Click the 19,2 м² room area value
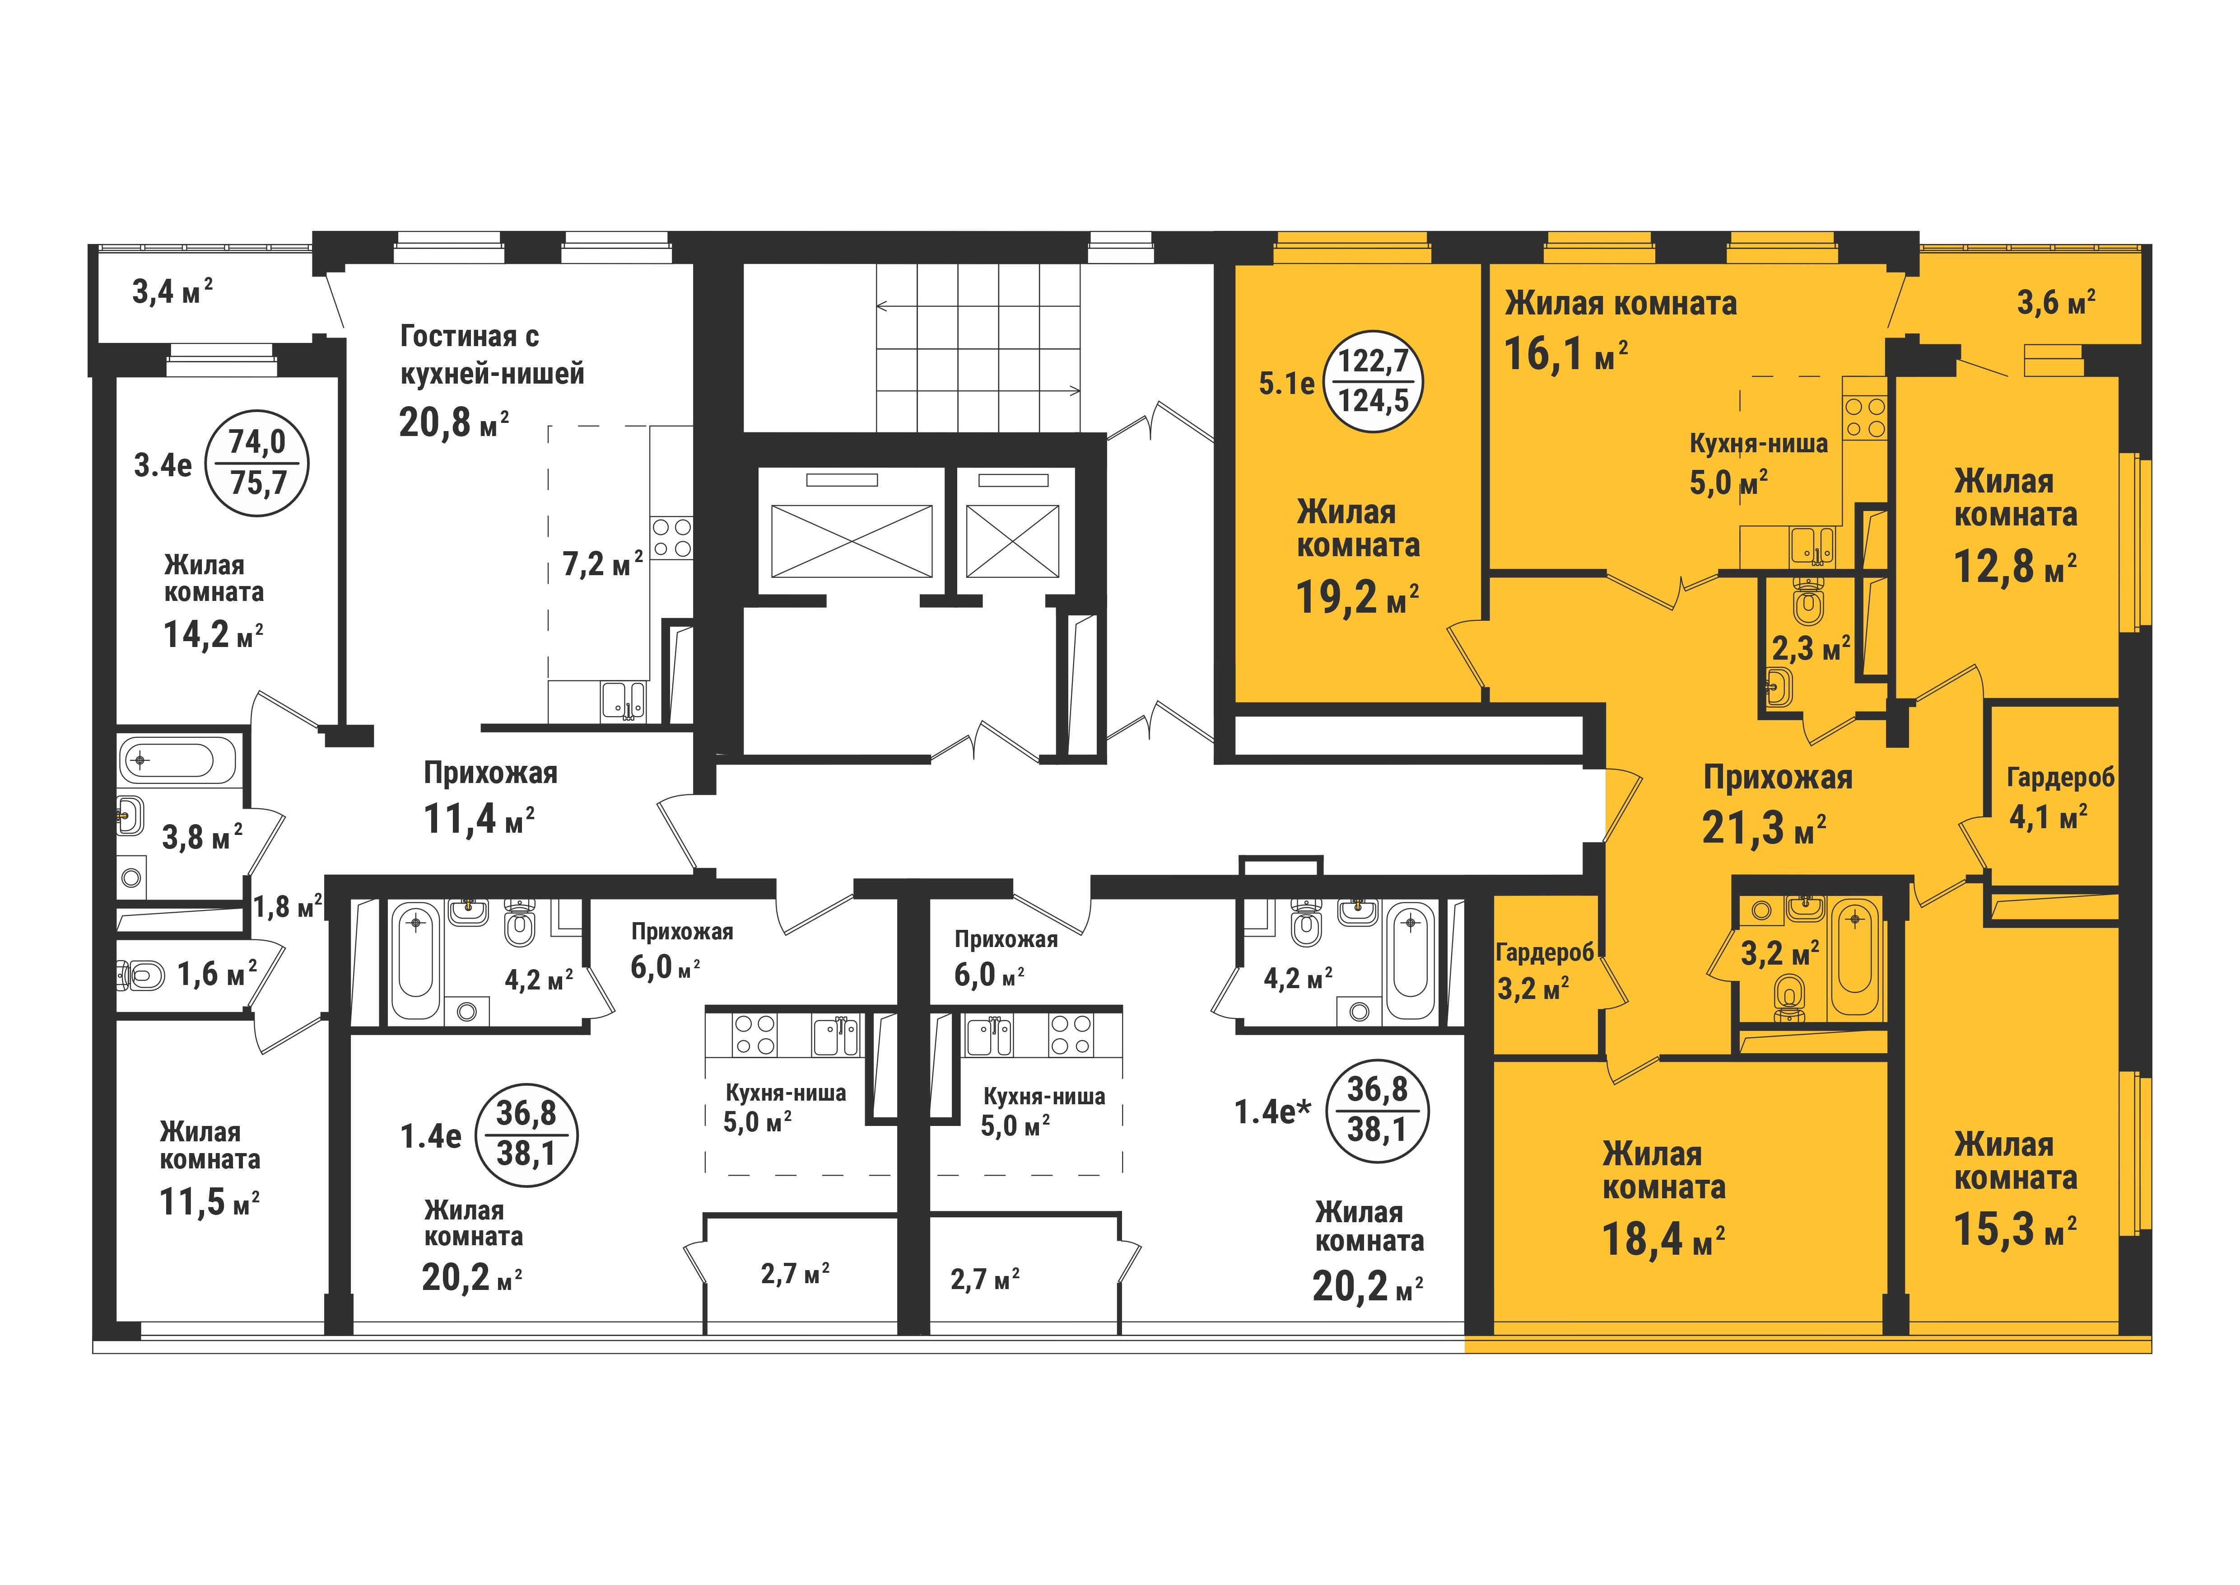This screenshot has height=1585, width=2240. click(x=1357, y=596)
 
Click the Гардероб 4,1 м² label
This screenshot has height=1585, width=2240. click(x=2059, y=795)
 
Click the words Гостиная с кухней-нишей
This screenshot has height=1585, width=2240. click(x=492, y=354)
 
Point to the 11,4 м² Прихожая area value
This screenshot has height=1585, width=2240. click(x=478, y=819)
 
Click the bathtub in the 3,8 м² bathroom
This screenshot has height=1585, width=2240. click(x=177, y=760)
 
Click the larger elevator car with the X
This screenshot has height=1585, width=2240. click(x=851, y=541)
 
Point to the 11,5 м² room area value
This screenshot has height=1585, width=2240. click(x=209, y=1201)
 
